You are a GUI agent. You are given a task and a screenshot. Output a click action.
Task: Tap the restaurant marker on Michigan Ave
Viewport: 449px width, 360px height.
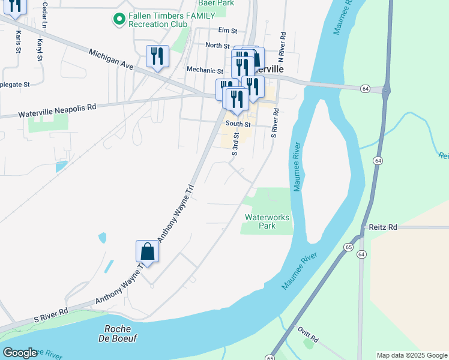click(157, 56)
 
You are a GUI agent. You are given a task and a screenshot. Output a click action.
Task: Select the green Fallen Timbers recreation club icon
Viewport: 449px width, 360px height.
click(118, 19)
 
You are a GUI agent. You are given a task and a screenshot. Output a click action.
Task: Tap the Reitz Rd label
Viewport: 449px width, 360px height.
click(384, 227)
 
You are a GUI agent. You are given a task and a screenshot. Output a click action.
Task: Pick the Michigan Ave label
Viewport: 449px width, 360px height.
click(112, 60)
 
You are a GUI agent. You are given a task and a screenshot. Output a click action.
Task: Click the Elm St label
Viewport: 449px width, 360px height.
click(228, 30)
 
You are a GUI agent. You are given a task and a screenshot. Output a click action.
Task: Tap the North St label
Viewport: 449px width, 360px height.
click(217, 46)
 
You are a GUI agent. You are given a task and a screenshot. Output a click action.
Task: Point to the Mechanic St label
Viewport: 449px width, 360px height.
click(205, 70)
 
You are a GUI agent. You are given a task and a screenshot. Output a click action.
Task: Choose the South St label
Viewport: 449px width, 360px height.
click(238, 124)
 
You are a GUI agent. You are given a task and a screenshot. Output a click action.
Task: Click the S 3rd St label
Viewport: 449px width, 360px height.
click(236, 144)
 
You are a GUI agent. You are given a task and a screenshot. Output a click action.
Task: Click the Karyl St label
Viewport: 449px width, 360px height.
click(40, 50)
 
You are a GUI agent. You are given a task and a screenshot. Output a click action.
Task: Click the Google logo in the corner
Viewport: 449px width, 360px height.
click(19, 353)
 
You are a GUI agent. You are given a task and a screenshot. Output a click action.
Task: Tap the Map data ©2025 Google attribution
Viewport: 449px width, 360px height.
click(411, 355)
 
